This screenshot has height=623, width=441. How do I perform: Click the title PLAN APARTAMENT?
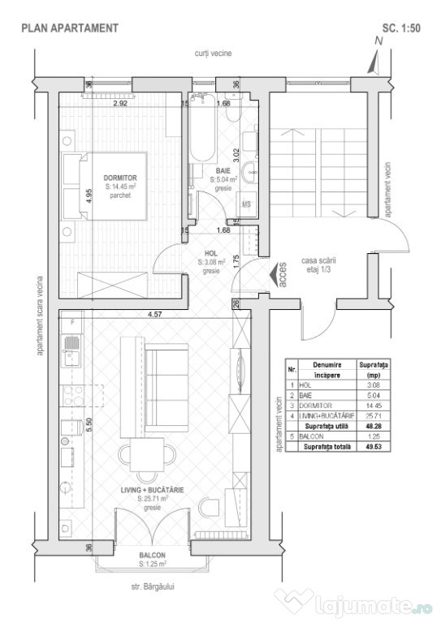(x=70, y=28)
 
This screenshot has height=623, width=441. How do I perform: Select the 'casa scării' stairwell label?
(x=320, y=260)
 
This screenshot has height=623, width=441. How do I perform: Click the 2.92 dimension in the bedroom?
(x=120, y=104)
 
